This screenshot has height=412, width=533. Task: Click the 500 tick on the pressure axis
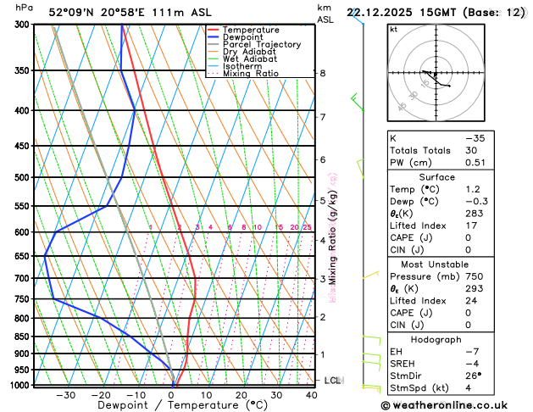click(x=16, y=178)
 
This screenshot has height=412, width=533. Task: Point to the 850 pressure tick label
click(x=16, y=337)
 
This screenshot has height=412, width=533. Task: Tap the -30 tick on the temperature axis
click(x=66, y=395)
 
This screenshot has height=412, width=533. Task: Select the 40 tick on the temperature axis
click(x=312, y=395)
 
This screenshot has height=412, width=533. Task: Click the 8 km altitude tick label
click(x=323, y=74)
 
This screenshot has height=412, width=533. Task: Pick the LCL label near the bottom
click(x=332, y=381)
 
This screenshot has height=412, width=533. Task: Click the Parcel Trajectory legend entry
click(x=261, y=44)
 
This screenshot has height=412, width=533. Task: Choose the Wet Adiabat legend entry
click(x=248, y=59)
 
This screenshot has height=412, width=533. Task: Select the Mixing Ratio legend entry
click(x=251, y=74)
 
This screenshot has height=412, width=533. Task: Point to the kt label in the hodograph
click(x=394, y=30)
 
